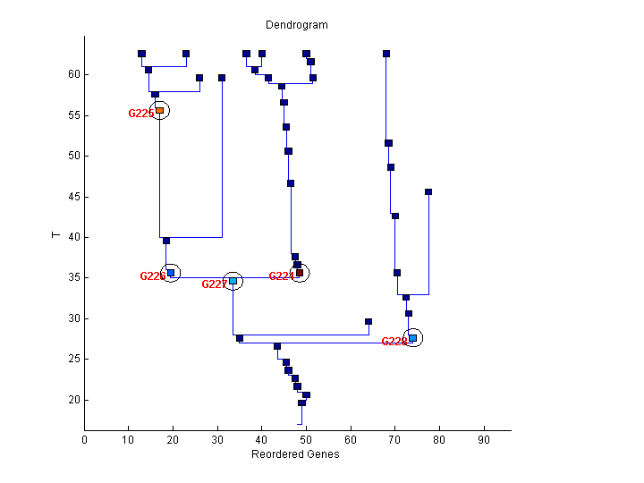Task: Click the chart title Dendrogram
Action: pyautogui.click(x=297, y=25)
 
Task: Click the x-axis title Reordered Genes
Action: pyautogui.click(x=295, y=454)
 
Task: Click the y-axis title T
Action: pyautogui.click(x=56, y=235)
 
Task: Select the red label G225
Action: pyautogui.click(x=140, y=114)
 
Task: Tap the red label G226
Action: pyautogui.click(x=152, y=276)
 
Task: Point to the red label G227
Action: pyautogui.click(x=214, y=284)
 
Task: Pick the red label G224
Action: pyautogui.click(x=281, y=276)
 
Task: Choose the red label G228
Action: pyautogui.click(x=394, y=342)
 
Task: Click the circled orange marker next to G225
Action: pyautogui.click(x=160, y=111)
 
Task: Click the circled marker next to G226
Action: pyautogui.click(x=171, y=273)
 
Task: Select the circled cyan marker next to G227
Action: pyautogui.click(x=233, y=281)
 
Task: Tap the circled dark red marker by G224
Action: pyautogui.click(x=300, y=273)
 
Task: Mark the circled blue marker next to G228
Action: pyautogui.click(x=412, y=338)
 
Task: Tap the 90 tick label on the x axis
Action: pyautogui.click(x=484, y=439)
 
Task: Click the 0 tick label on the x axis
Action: pyautogui.click(x=85, y=439)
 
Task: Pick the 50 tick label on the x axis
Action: pyautogui.click(x=307, y=439)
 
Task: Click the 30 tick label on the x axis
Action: pyautogui.click(x=217, y=439)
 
